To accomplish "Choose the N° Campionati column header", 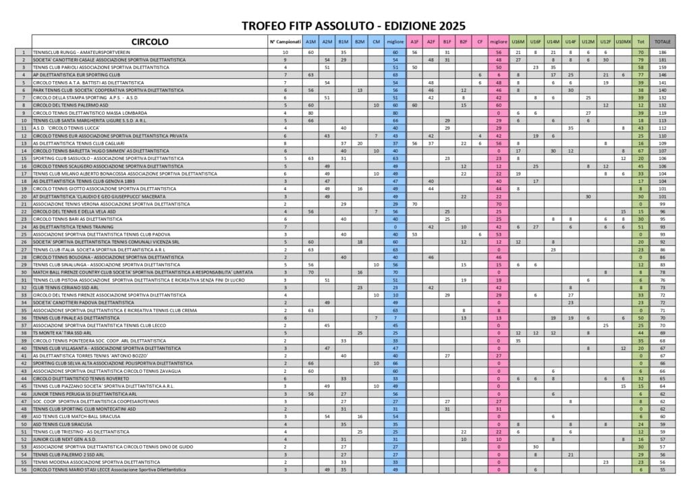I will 285,42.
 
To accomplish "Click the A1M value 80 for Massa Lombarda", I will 311,113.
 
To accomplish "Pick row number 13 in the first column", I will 24,143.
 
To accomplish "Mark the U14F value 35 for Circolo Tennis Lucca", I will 570,128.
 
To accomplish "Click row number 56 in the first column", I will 24,469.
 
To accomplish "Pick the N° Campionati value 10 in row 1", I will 285,52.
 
